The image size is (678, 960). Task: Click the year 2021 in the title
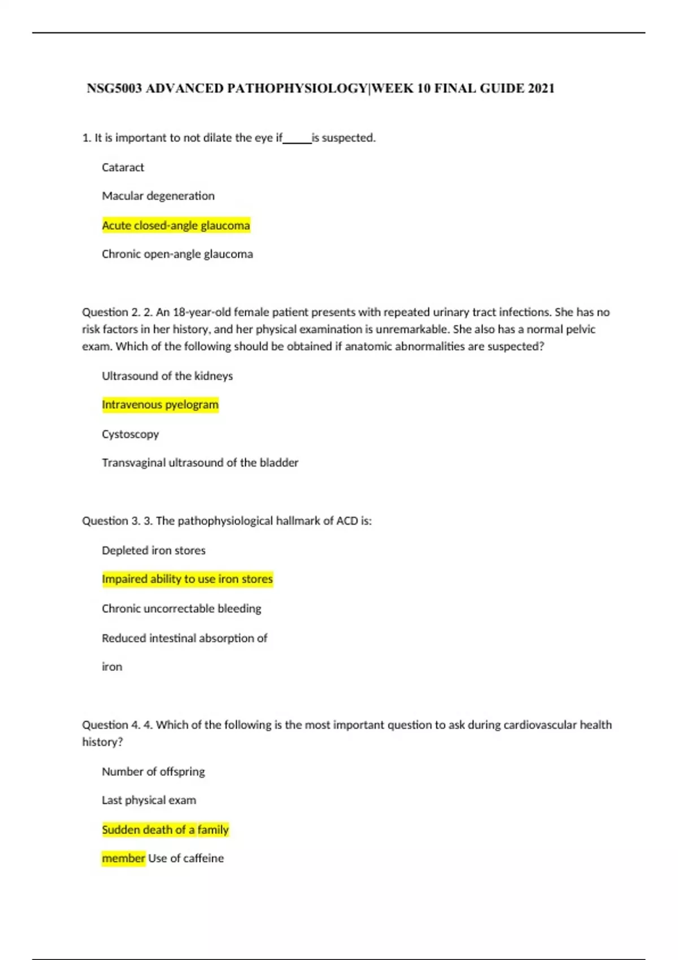pos(541,88)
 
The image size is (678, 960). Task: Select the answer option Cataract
pos(123,167)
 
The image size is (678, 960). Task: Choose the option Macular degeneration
pos(158,196)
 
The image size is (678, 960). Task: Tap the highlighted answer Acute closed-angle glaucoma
pos(176,225)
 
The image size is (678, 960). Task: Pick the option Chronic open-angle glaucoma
pos(177,254)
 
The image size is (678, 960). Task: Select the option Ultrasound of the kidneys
pos(167,376)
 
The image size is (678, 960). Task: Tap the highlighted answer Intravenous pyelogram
pos(160,405)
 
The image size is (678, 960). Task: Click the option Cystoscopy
pos(130,434)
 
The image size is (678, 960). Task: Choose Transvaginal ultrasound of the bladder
pos(200,462)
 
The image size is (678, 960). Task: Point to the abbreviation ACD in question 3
pos(347,521)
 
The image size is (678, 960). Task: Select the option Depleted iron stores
pos(154,551)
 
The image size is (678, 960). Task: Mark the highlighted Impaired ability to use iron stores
pos(187,579)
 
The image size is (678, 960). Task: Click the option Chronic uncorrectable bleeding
pos(181,609)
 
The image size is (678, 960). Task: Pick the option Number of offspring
pos(153,771)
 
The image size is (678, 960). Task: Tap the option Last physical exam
pos(149,800)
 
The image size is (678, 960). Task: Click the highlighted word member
pos(123,858)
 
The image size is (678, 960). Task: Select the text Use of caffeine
pos(186,858)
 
